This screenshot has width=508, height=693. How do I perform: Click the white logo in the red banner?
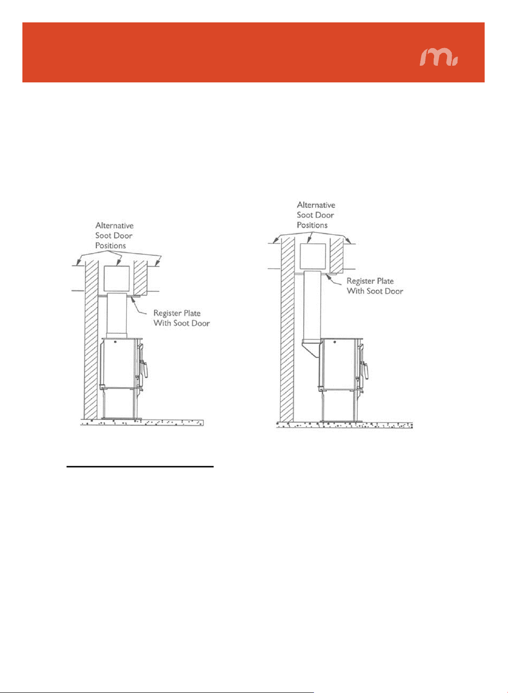(x=438, y=57)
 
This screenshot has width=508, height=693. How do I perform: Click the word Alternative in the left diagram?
(x=114, y=225)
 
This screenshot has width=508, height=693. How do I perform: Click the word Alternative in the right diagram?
(x=316, y=205)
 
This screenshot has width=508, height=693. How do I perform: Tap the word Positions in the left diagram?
(x=111, y=246)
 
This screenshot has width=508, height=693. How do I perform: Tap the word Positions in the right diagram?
(x=312, y=225)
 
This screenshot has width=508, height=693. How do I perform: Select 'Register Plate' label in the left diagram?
(x=177, y=313)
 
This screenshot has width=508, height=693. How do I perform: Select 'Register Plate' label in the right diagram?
(x=370, y=281)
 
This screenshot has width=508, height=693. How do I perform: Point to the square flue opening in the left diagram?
(x=116, y=279)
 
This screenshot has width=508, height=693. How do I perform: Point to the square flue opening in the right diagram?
(x=313, y=256)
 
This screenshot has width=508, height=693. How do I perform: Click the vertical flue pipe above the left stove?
(x=116, y=316)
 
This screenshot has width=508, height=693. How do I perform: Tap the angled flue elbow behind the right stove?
(x=311, y=348)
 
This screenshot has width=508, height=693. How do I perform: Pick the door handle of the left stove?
(x=144, y=369)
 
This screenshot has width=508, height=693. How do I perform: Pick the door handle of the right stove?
(x=365, y=370)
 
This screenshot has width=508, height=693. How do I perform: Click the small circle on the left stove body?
(x=115, y=342)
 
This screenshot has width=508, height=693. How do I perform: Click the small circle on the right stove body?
(x=335, y=342)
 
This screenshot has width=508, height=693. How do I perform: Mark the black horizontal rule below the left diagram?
(x=140, y=466)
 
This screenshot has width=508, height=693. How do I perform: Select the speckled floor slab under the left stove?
(x=142, y=422)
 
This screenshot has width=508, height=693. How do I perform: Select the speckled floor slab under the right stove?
(x=345, y=425)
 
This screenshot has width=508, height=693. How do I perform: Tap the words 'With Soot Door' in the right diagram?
(x=375, y=291)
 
